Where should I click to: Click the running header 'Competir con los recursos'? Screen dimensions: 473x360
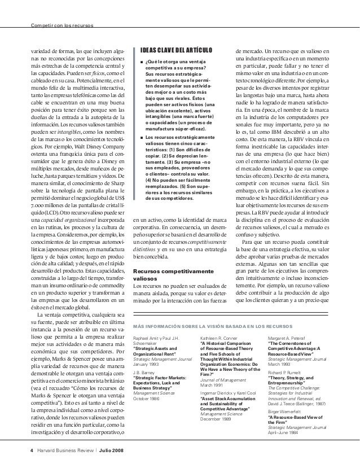63,25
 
